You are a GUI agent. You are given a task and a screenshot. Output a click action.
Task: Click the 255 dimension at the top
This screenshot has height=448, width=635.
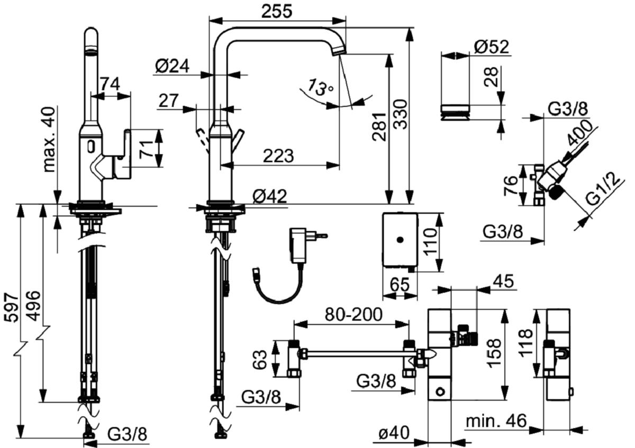click(x=276, y=12)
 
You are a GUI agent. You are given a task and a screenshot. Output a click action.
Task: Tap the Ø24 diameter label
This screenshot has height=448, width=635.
click(x=173, y=67)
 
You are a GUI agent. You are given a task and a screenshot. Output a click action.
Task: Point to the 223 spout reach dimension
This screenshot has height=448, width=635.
click(x=278, y=156)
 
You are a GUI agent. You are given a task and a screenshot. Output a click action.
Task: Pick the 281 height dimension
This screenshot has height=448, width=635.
click(x=380, y=126)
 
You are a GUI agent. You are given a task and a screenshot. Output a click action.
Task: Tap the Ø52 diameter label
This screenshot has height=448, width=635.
click(x=491, y=47)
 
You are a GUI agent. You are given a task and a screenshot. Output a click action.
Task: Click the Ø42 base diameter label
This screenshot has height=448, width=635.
click(x=269, y=196)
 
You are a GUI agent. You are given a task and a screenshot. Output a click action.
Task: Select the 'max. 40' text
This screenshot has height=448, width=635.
click(x=49, y=140)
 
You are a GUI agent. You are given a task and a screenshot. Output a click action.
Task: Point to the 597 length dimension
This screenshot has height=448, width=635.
click(x=12, y=308)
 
